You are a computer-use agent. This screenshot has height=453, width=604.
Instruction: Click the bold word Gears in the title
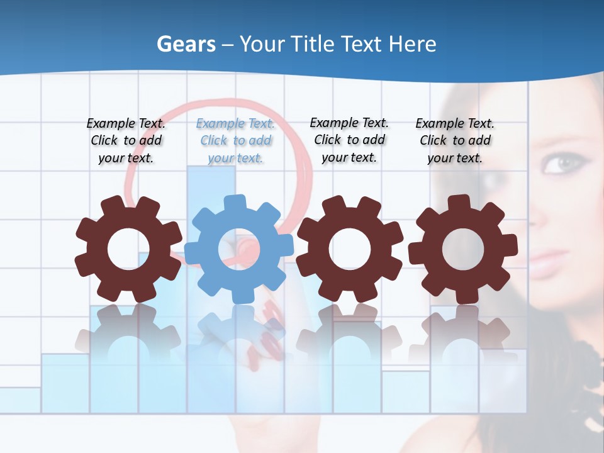(x=186, y=44)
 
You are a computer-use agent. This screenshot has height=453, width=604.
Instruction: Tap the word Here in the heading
(x=412, y=44)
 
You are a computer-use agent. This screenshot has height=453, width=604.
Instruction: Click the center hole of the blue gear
(x=238, y=249)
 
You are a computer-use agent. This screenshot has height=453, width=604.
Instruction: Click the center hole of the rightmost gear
(x=463, y=249)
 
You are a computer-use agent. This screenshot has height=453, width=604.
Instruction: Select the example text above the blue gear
(x=235, y=141)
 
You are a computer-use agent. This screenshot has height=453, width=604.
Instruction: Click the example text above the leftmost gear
(x=126, y=141)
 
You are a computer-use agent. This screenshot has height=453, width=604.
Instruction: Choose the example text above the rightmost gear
(x=455, y=141)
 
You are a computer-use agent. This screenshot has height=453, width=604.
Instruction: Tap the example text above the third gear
(x=349, y=140)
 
